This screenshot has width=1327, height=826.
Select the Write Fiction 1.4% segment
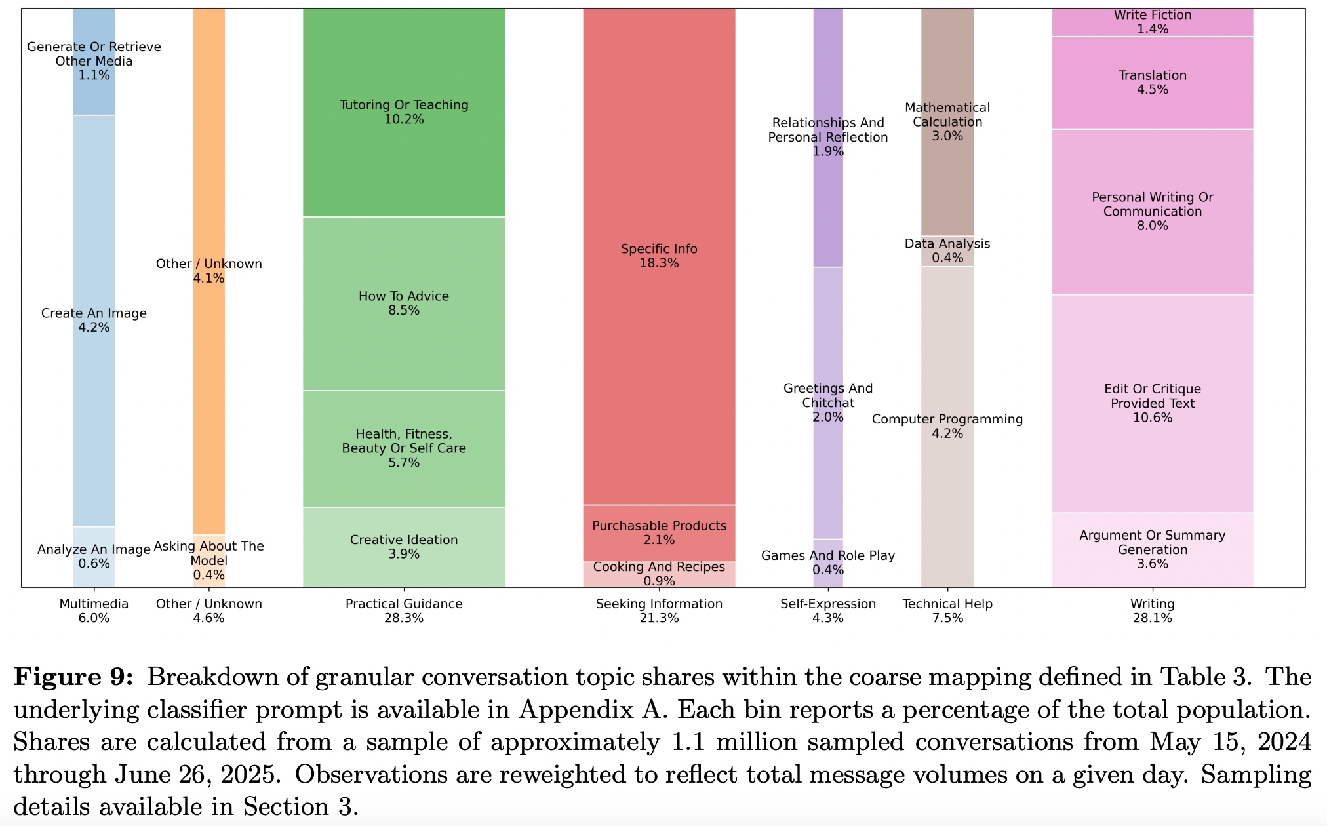coord(1152,22)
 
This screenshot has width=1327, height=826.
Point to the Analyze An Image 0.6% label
coord(94,557)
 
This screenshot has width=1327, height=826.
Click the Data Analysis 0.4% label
coord(947,250)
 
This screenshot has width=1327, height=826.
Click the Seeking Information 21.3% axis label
coord(659,611)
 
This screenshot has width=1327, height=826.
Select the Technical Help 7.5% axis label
coord(947,611)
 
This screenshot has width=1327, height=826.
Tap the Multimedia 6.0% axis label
coord(94,611)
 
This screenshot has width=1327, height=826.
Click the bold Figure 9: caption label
coord(73,677)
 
